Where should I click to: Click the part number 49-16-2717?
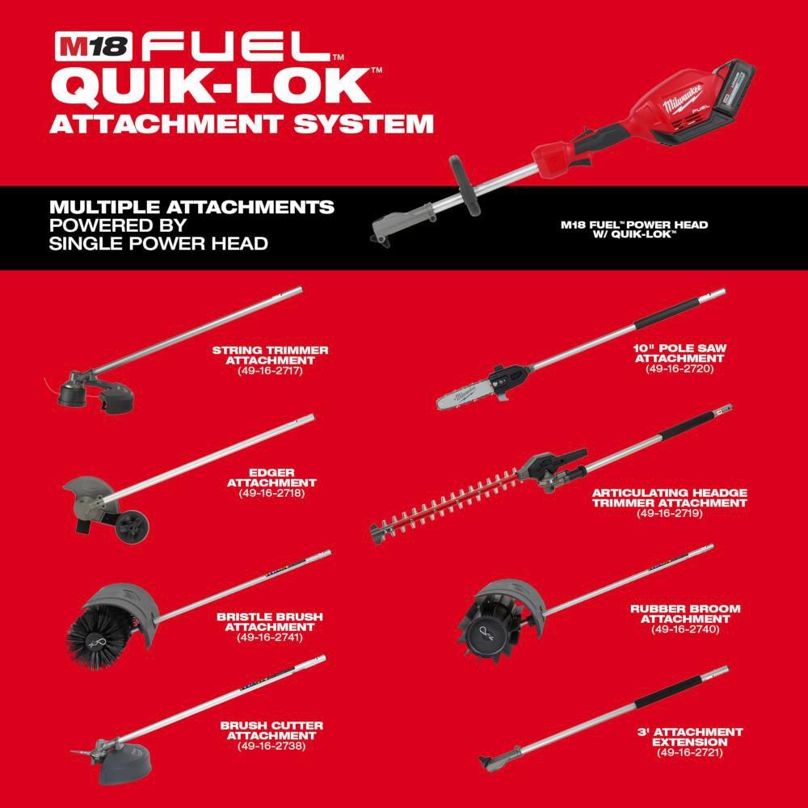tap(270, 371)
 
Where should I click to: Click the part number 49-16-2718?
tap(271, 492)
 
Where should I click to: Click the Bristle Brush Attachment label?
tap(269, 621)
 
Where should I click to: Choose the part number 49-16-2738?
tap(271, 746)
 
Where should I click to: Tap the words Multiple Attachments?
tap(191, 208)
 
